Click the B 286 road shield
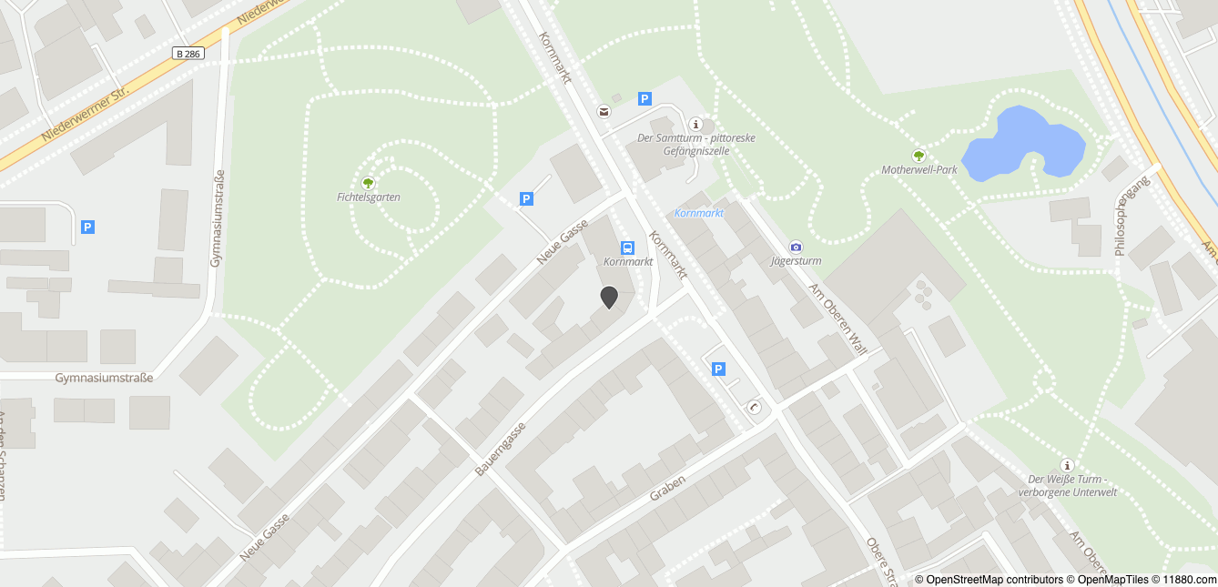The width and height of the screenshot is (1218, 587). [x=188, y=54]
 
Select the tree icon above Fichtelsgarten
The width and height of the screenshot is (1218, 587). [x=369, y=183]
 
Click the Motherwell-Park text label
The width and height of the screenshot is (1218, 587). [x=919, y=170]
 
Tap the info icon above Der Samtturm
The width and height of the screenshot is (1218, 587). [x=696, y=124]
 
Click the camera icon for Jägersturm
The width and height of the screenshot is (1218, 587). [x=796, y=247]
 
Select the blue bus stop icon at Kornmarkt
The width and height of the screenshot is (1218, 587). [x=627, y=248]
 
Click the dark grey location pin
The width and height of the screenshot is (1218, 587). [x=609, y=297]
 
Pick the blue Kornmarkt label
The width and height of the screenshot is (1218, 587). [x=699, y=213]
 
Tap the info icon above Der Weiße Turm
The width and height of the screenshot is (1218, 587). [x=1067, y=465]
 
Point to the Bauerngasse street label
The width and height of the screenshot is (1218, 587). [x=501, y=450]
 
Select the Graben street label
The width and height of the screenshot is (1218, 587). [x=667, y=487]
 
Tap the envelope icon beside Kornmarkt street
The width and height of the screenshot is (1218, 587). [x=603, y=111]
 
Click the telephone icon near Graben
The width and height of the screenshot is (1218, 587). [x=754, y=407]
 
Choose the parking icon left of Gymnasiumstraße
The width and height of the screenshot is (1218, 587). [x=87, y=227]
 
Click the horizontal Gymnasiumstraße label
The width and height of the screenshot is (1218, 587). [x=104, y=378]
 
